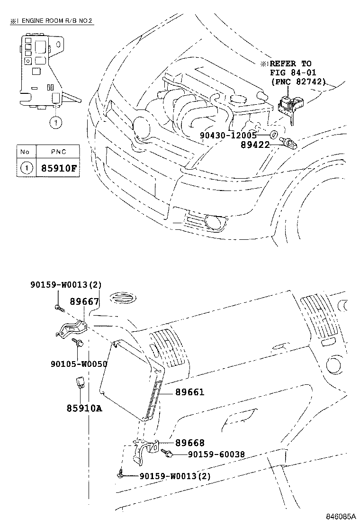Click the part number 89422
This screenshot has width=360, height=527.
coord(254,145)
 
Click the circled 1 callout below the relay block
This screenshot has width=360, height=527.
coord(55,123)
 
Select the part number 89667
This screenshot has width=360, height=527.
coord(84,301)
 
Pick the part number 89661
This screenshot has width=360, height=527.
coord(189,392)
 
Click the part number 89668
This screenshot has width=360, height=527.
coord(189,443)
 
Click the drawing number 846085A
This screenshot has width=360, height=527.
coord(341,516)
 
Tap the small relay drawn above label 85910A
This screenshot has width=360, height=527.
coord(80,382)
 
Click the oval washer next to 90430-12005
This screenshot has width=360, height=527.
coord(274,135)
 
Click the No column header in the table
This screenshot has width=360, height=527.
coord(25,152)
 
